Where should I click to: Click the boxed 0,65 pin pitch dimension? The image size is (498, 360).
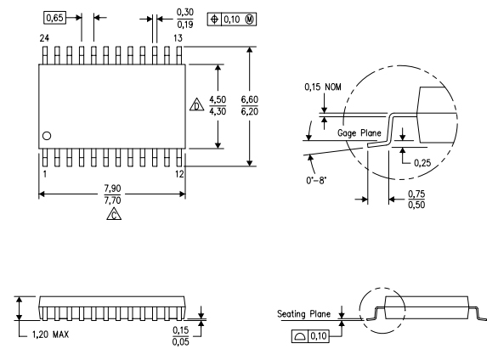click(x=54, y=16)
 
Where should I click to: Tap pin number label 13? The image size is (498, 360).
click(x=178, y=38)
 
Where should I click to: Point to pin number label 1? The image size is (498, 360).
click(x=43, y=173)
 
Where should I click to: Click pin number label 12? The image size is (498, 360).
click(x=178, y=173)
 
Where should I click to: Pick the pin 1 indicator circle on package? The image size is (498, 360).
click(x=48, y=136)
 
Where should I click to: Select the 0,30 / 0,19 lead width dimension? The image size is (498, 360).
click(x=184, y=17)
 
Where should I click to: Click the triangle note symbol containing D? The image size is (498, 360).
click(x=195, y=107)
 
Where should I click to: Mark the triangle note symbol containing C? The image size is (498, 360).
click(x=112, y=216)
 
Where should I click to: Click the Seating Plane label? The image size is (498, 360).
click(x=304, y=314)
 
